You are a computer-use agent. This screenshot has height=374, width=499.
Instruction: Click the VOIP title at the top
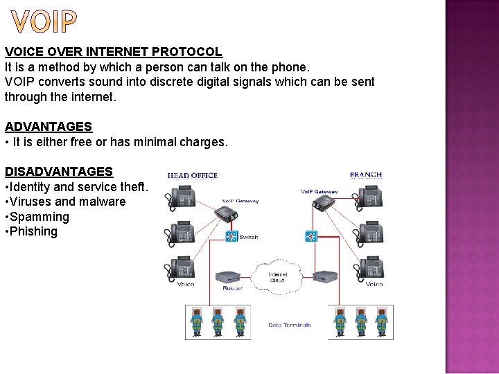43,23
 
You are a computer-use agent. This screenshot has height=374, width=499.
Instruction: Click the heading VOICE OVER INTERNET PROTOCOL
113,52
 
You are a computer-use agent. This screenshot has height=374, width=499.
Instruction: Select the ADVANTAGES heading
49,127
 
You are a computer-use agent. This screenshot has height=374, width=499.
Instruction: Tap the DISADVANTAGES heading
59,171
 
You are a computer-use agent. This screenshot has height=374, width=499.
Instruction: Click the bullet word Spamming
40,217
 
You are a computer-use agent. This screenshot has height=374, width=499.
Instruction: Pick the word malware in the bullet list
103,202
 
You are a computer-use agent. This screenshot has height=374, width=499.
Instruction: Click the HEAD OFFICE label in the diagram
193,176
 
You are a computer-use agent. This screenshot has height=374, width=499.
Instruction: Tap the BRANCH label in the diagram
365,175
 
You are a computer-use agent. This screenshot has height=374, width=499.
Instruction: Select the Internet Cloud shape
277,276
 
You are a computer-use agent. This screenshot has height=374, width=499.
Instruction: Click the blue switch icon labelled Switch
231,237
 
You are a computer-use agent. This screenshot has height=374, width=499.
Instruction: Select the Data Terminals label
290,325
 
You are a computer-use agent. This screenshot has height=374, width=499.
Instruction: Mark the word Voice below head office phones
186,285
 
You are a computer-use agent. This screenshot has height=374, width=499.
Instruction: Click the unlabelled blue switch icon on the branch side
311,237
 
